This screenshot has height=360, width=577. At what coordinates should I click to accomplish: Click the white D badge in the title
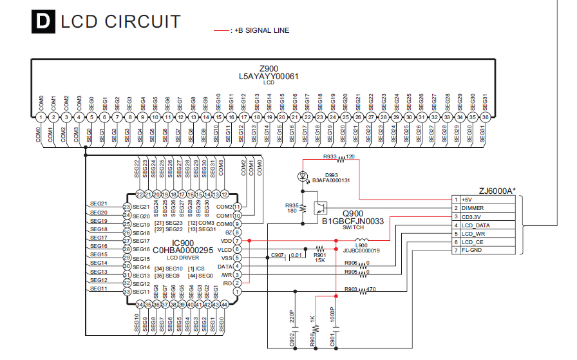tap(42, 23)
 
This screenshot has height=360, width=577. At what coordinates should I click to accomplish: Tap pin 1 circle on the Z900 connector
tap(41, 118)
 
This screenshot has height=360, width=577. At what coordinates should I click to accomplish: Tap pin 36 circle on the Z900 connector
tap(486, 118)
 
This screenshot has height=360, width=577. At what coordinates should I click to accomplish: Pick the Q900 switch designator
tap(353, 213)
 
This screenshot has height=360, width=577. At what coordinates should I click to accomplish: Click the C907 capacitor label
tap(277, 256)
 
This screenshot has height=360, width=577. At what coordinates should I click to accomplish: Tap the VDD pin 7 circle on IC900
tap(237, 241)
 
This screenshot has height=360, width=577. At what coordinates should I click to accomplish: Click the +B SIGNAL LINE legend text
tap(262, 30)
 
